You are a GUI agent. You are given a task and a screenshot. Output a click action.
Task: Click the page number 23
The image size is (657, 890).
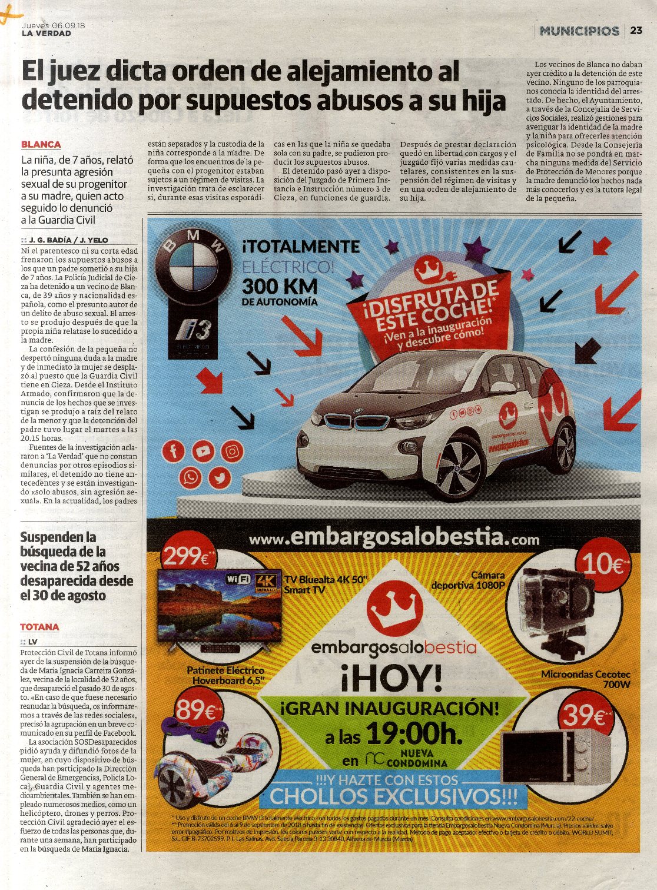636,31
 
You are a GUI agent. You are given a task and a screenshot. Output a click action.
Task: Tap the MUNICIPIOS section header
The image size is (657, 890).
579,31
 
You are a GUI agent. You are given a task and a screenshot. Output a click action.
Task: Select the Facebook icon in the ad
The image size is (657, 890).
174,451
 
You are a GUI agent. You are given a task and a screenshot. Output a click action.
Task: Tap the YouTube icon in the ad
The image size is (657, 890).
203,451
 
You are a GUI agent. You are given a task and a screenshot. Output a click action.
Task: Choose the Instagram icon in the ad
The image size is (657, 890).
233,451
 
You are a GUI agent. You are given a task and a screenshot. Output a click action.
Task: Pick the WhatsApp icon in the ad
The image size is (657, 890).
190,477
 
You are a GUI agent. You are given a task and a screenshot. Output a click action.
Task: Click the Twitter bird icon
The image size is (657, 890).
220,477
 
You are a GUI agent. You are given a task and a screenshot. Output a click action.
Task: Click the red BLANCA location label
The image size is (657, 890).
41,144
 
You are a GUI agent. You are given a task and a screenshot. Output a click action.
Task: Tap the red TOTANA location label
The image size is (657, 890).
39,627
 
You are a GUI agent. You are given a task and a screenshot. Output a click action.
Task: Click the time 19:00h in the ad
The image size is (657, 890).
412,733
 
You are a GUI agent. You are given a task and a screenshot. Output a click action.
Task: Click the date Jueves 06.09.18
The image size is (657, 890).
54,25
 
